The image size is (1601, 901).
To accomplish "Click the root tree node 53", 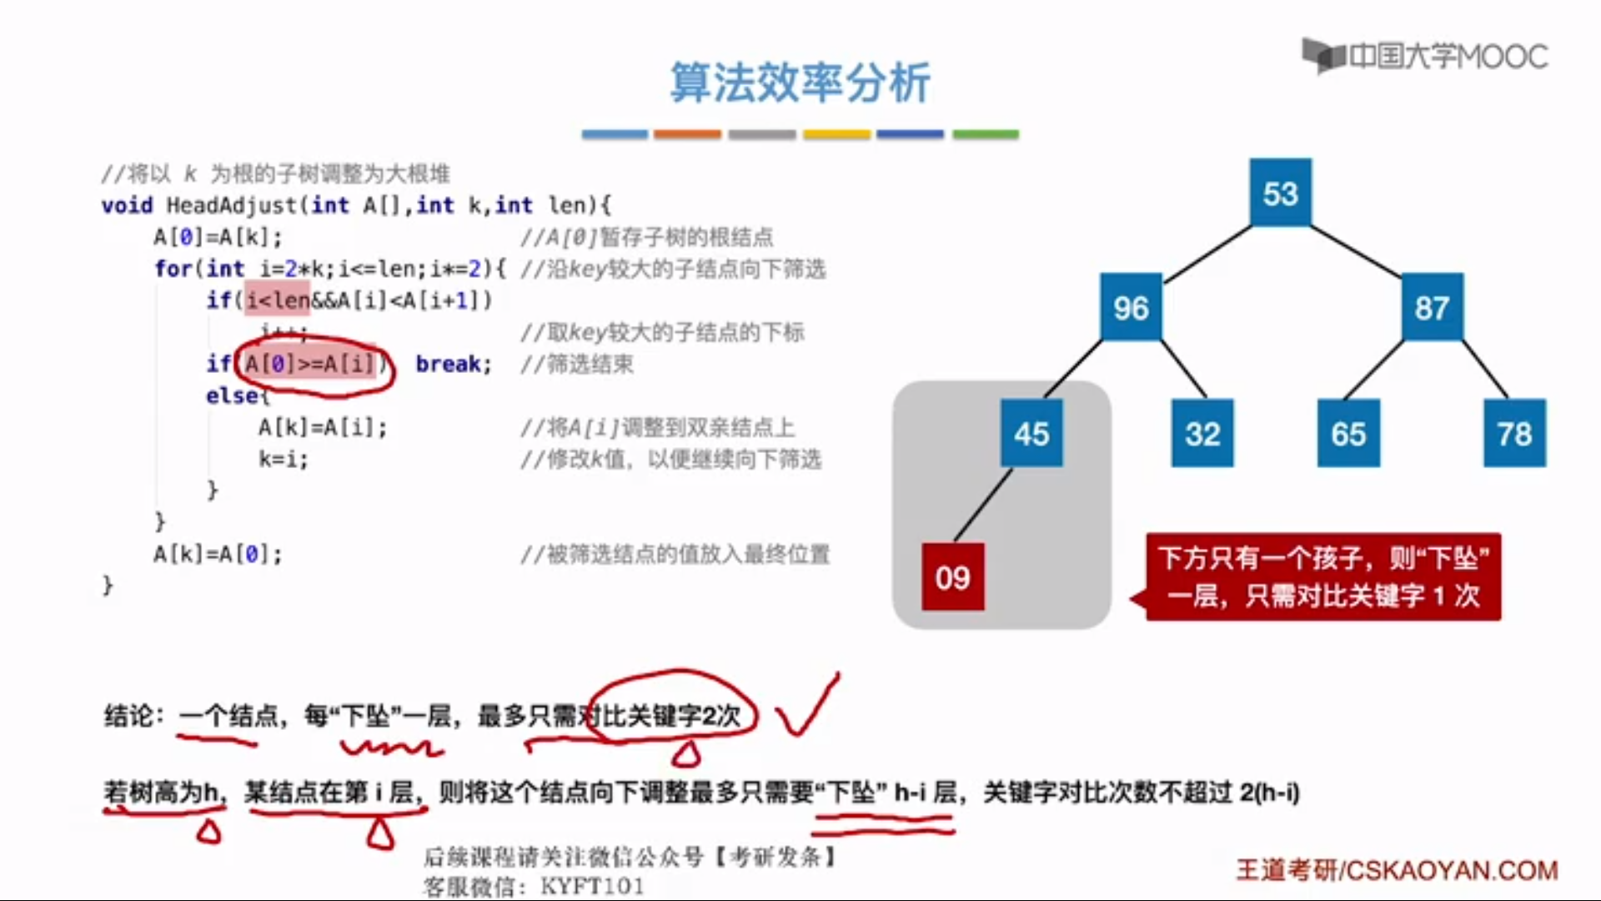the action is tap(1280, 193).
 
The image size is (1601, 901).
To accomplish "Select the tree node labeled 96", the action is tap(1131, 307).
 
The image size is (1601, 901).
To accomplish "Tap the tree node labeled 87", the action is tap(1432, 307).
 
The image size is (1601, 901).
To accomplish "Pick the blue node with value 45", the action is tap(1031, 433).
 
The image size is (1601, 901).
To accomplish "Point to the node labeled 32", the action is tap(1202, 433).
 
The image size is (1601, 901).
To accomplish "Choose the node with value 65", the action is tap(1348, 433).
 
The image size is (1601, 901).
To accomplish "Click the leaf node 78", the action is tap(1514, 433).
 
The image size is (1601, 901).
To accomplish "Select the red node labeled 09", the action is tap(952, 576).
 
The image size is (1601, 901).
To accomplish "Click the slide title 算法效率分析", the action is tap(800, 83).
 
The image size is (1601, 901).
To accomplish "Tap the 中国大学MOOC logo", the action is tap(1426, 56).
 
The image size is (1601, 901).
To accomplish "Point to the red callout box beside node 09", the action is tap(1322, 576).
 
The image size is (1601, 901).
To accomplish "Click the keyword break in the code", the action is tap(453, 364).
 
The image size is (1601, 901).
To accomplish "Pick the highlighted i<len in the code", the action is tap(277, 299).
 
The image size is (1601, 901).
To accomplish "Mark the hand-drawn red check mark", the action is tap(806, 707).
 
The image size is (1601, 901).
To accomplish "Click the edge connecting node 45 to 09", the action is tap(984, 504).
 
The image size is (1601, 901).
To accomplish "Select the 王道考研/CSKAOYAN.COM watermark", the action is tap(1397, 870).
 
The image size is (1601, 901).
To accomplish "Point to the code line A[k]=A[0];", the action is tap(218, 554).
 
